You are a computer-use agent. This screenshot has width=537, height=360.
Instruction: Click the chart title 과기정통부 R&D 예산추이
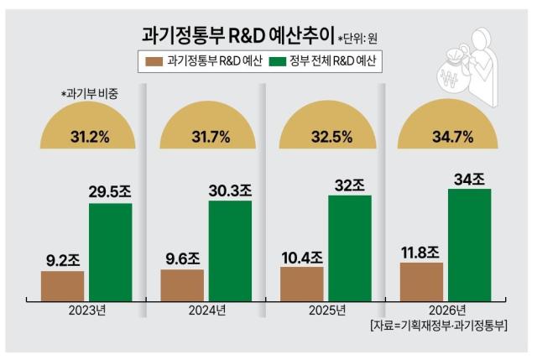click(x=237, y=36)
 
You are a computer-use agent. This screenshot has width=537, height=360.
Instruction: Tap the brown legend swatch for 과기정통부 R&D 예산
click(x=154, y=61)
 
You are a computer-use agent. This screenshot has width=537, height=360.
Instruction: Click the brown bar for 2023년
click(x=63, y=284)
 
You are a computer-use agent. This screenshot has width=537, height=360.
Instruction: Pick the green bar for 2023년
click(x=110, y=251)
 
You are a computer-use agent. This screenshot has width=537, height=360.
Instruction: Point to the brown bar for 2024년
click(x=182, y=284)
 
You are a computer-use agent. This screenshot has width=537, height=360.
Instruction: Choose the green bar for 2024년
click(x=229, y=249)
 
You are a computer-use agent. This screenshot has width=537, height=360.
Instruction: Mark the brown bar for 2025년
click(x=301, y=282)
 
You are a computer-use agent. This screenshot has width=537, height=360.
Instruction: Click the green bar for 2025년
click(x=349, y=246)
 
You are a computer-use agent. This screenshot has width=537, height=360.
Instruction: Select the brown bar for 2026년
click(x=421, y=279)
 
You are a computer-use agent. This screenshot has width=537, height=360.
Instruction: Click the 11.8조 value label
click(x=420, y=251)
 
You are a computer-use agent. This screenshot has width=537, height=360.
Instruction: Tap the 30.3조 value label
click(x=229, y=190)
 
